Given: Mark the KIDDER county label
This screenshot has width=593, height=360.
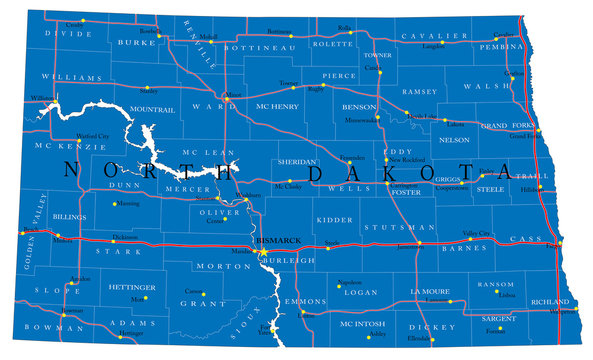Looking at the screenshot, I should [333, 217].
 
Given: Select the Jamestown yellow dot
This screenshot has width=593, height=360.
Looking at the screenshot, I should [420, 245].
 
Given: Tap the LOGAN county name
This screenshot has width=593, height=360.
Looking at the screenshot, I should [360, 294].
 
